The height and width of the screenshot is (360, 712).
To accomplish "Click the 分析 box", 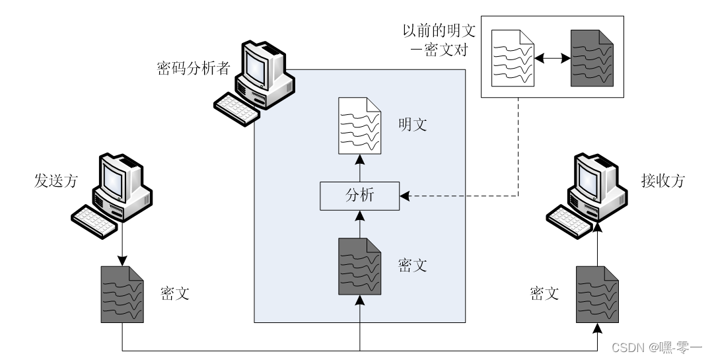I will (360, 196).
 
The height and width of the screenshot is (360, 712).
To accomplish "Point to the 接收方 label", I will (660, 180).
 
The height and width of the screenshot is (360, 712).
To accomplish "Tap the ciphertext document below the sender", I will (122, 294).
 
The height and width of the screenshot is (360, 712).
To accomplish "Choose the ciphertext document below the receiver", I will (597, 294).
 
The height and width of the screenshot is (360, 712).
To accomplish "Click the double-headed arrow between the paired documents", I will (552, 58).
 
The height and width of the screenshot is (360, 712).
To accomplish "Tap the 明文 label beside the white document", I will (413, 124).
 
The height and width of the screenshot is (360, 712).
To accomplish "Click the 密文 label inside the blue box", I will (413, 266).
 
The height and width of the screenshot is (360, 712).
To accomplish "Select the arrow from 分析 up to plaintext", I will (360, 168).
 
